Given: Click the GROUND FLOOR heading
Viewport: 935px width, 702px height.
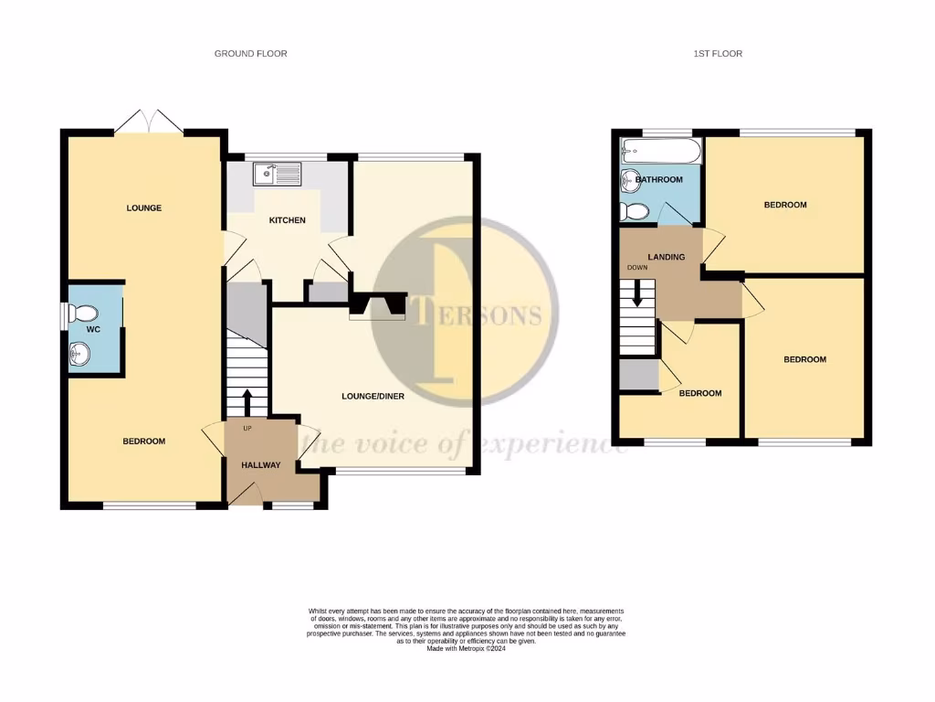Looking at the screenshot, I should pos(250,54).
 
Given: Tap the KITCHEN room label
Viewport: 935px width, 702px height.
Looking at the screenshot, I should pos(287,221).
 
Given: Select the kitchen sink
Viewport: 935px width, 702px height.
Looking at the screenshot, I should pos(274,171).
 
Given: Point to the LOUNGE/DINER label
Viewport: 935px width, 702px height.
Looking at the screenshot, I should pos(373,397).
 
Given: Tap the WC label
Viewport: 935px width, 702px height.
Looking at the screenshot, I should pos(93,328).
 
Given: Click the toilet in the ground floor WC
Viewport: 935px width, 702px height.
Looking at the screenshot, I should pos(80,310).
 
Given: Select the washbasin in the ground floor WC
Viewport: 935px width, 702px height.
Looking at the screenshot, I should pos(80,352).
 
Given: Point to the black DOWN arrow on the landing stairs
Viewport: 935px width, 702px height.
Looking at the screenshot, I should pos(638,293).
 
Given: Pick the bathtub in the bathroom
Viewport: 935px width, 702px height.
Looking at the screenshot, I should pos(659,151).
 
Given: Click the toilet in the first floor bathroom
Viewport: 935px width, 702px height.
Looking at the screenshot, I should pos(632,212).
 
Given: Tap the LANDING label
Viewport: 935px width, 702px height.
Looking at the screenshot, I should pos(666,258).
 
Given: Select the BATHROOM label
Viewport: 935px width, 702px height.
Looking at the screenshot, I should pos(659,180).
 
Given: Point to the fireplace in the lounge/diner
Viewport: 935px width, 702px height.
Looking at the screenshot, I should pos(377,305).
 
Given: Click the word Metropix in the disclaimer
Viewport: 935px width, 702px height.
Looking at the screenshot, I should pos(479,649).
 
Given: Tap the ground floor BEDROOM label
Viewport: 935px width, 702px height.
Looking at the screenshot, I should pos(144,441).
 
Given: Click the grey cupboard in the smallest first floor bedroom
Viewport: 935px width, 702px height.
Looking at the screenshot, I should pos(638,375).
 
